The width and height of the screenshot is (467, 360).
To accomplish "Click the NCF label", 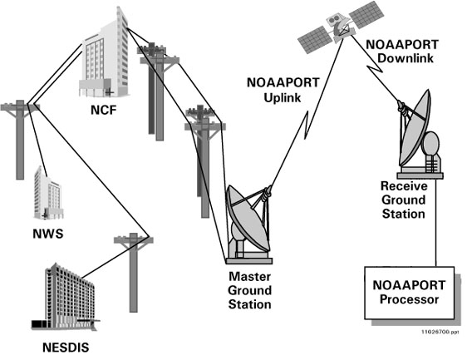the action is (103, 111).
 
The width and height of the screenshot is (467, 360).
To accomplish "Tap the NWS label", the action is (48, 234).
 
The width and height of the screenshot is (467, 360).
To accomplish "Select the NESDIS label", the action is (66, 348).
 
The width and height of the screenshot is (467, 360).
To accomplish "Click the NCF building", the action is (104, 54).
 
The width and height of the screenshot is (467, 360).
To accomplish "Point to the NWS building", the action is (48, 193).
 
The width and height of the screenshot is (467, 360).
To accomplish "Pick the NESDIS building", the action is (66, 298).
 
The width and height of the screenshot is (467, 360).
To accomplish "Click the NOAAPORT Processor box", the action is (410, 293).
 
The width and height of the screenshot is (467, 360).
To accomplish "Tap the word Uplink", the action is (283, 98).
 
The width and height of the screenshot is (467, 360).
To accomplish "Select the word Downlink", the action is (406, 58).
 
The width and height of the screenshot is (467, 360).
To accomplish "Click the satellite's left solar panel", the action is (315, 39).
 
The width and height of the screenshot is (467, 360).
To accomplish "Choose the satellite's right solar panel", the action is (366, 15).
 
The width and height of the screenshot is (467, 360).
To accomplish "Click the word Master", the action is (249, 277).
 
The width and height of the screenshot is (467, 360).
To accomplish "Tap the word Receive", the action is (404, 186).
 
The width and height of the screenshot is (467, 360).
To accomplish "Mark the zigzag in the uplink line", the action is (306, 126).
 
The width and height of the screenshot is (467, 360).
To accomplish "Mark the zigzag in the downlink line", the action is (376, 68).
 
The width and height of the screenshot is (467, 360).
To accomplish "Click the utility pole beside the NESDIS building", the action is (134, 272).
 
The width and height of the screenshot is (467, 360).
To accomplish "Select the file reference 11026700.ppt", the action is (440, 332).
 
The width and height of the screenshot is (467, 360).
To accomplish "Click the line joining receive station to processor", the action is (436, 223).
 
